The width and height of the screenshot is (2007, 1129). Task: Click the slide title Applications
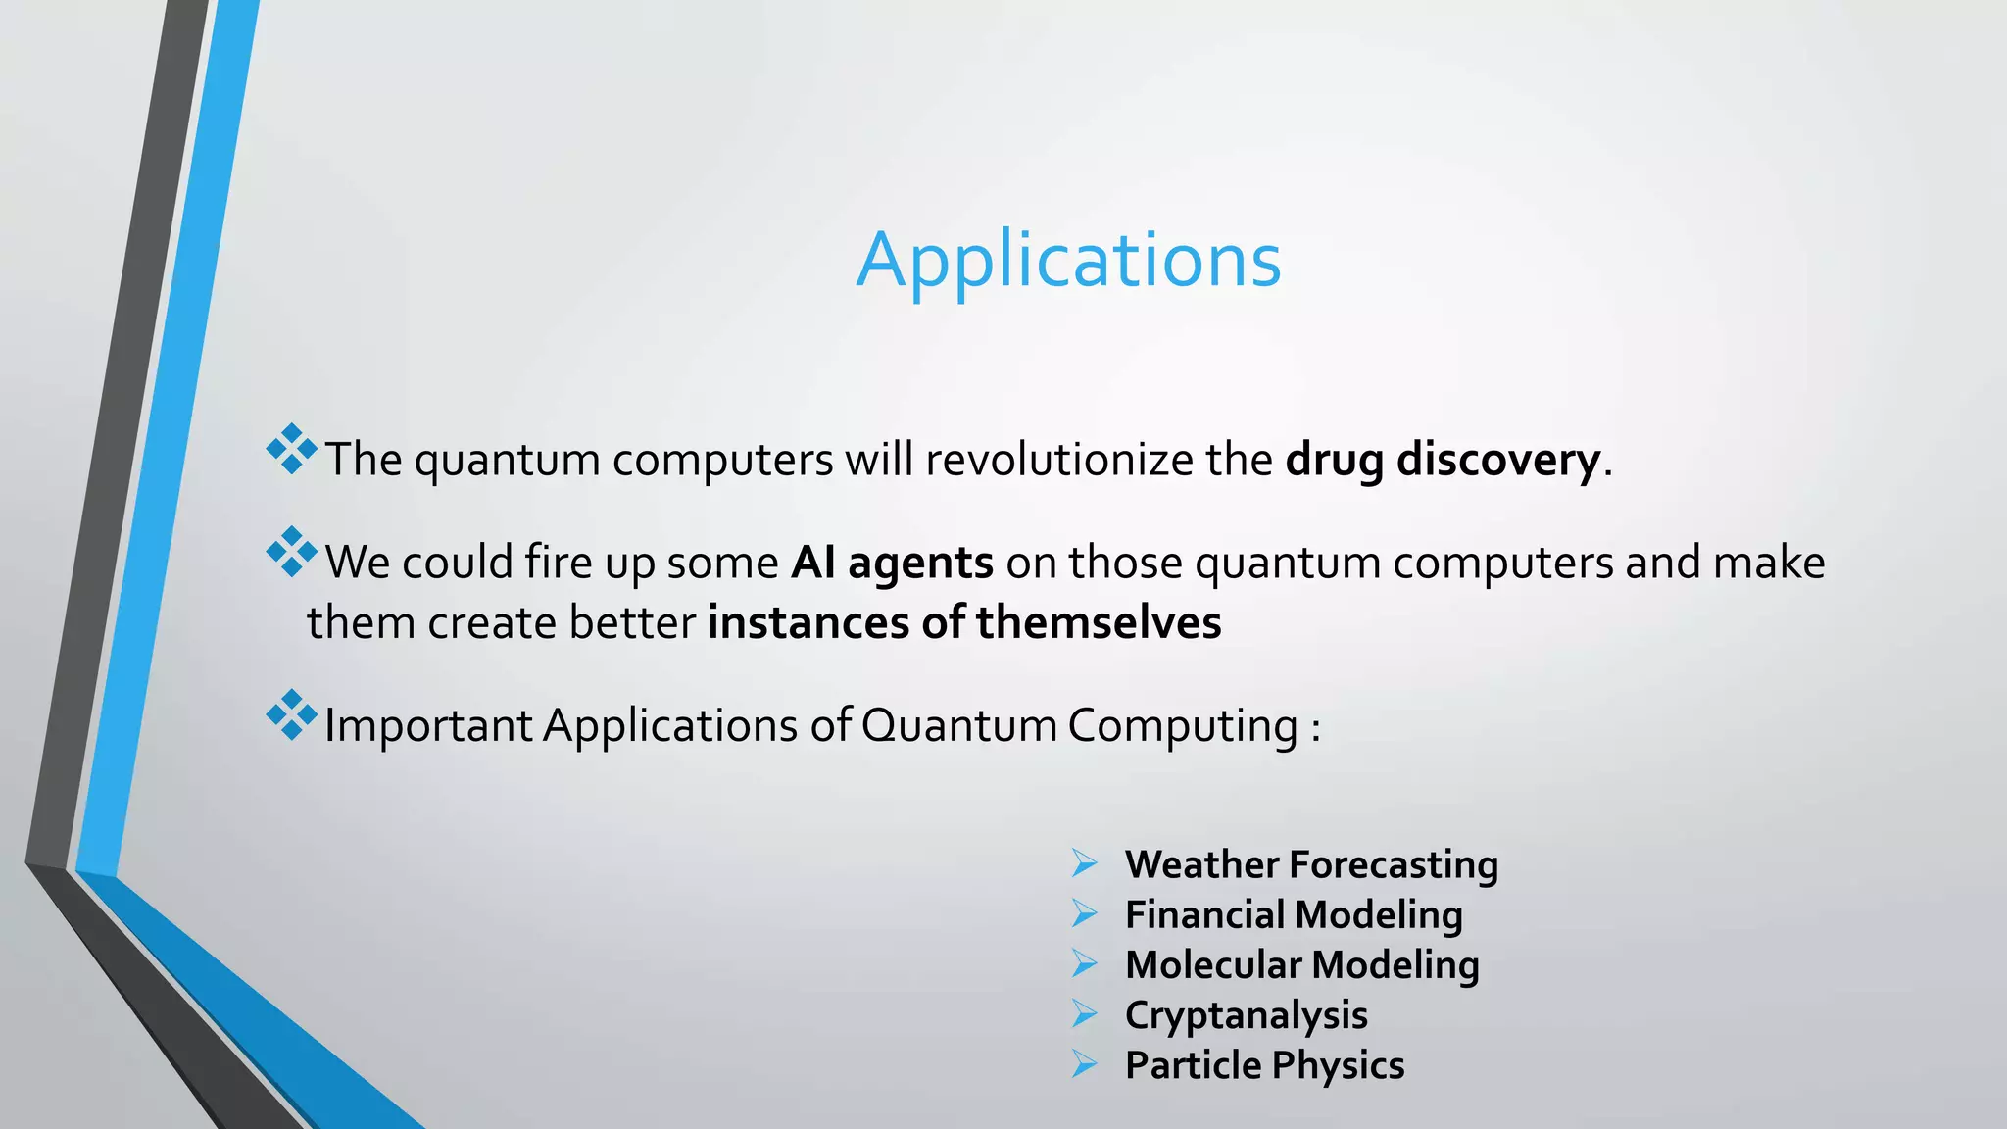pyautogui.click(x=1068, y=260)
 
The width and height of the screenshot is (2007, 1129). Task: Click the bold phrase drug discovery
pyautogui.click(x=1443, y=459)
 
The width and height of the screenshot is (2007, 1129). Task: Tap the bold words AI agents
pyautogui.click(x=892, y=563)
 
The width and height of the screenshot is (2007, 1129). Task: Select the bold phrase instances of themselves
pyautogui.click(x=964, y=623)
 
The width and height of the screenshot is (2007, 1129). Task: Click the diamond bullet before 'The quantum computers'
pyautogui.click(x=291, y=450)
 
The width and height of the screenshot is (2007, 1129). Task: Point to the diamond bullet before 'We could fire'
pyautogui.click(x=291, y=553)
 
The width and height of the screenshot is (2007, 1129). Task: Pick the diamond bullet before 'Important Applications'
pyautogui.click(x=291, y=715)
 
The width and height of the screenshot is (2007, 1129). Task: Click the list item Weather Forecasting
pyautogui.click(x=1311, y=864)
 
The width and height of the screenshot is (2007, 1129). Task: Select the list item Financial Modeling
pyautogui.click(x=1294, y=914)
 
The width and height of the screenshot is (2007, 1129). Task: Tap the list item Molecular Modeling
pyautogui.click(x=1301, y=964)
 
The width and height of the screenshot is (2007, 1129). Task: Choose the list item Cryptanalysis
pyautogui.click(x=1246, y=1015)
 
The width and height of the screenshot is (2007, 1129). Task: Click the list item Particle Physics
pyautogui.click(x=1264, y=1065)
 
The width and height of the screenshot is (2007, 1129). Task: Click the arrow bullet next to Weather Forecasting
pyautogui.click(x=1084, y=863)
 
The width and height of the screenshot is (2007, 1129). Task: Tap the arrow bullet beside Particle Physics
pyautogui.click(x=1084, y=1064)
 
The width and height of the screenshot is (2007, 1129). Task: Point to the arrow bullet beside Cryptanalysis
pyautogui.click(x=1084, y=1014)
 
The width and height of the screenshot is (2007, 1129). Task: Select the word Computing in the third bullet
pyautogui.click(x=1182, y=726)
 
